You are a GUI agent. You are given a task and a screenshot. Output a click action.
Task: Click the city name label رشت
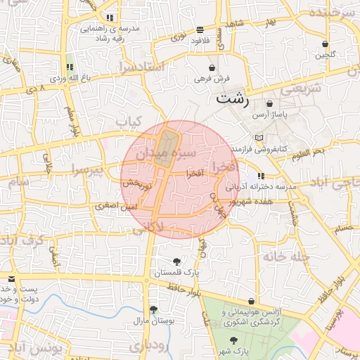coord(233,98)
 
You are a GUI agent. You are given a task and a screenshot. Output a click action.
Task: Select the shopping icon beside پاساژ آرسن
coord(269,103)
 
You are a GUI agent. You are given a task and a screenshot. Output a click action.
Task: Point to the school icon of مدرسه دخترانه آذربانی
coord(262,176)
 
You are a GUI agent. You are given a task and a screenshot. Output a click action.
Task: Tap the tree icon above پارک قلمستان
coord(186,262)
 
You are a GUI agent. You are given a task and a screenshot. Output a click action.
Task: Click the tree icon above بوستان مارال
coord(153,309)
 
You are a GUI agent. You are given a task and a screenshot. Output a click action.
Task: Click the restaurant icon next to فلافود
coord(201,30)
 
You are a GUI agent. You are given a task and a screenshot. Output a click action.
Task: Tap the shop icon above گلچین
coord(326,44)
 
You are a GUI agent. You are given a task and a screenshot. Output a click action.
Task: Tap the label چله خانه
coord(286,257)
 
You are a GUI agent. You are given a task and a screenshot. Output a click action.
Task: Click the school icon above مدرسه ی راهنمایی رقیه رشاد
coord(110,18)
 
